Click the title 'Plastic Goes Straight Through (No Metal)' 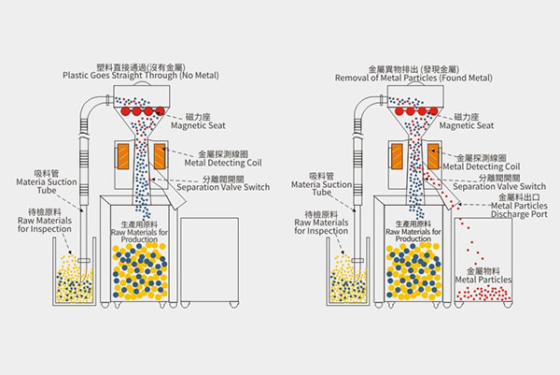click(x=136, y=76)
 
